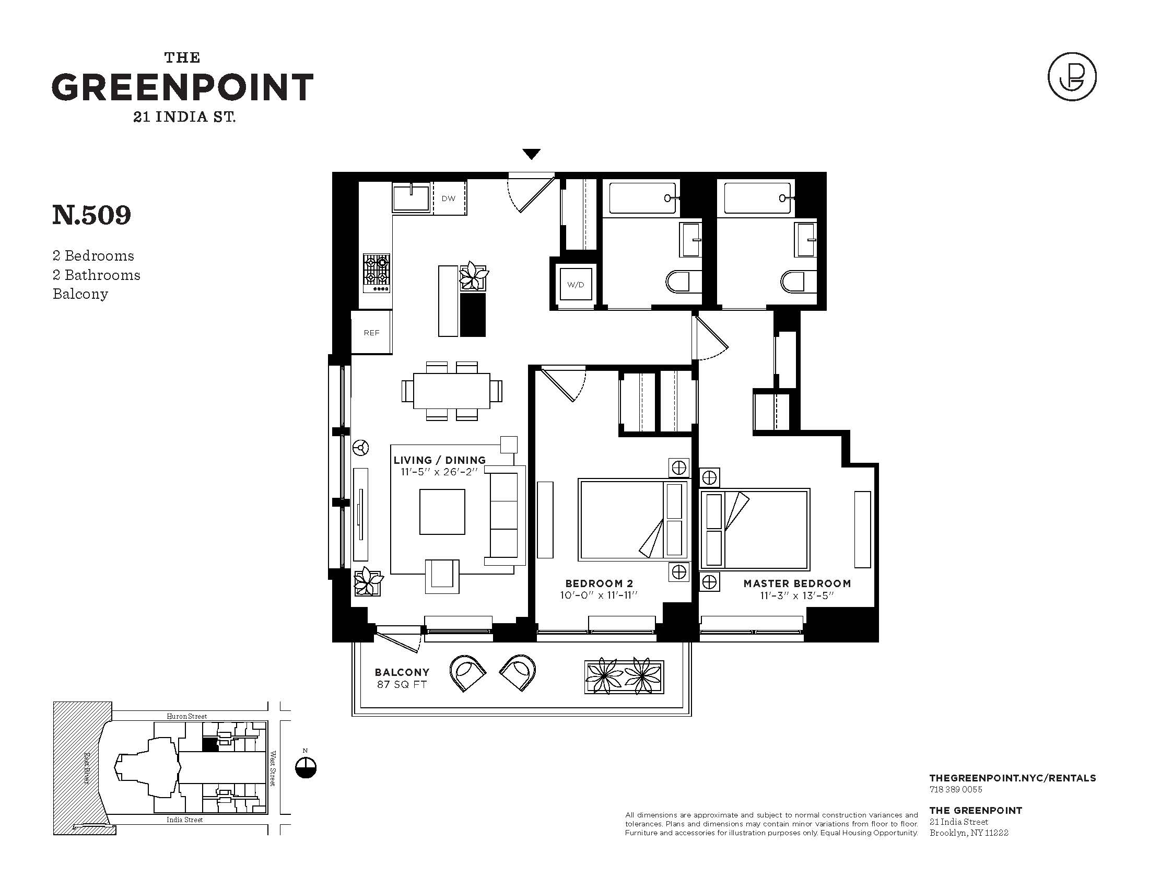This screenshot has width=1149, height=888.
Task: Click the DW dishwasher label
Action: pyautogui.click(x=448, y=198)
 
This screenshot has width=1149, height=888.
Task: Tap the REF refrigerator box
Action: pyautogui.click(x=371, y=332)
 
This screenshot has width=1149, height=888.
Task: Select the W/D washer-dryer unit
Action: pyautogui.click(x=576, y=285)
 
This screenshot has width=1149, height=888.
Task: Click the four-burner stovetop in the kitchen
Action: pyautogui.click(x=377, y=273)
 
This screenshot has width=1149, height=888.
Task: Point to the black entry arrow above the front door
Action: pyautogui.click(x=531, y=154)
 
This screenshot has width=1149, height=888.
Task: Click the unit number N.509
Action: pyautogui.click(x=91, y=215)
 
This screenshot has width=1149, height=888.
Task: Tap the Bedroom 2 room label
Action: pyautogui.click(x=599, y=583)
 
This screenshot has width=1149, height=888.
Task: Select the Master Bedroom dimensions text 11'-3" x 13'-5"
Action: pyautogui.click(x=797, y=595)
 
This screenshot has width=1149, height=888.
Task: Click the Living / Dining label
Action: pyautogui.click(x=440, y=460)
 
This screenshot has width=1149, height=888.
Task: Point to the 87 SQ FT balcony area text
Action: pyautogui.click(x=402, y=684)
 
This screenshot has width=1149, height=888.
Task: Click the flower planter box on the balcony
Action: pyautogui.click(x=625, y=676)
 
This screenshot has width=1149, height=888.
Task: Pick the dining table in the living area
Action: pyautogui.click(x=452, y=391)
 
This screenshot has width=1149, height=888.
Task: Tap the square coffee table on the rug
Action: pyautogui.click(x=442, y=512)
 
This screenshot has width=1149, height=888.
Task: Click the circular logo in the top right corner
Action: pyautogui.click(x=1072, y=77)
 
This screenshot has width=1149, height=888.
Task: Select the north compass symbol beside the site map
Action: pyautogui.click(x=306, y=767)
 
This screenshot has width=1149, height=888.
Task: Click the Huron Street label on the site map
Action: pyautogui.click(x=187, y=716)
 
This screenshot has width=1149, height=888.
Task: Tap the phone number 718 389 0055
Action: pyautogui.click(x=956, y=789)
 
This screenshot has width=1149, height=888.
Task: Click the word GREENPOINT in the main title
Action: pyautogui.click(x=183, y=87)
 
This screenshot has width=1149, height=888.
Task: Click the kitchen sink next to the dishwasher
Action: pyautogui.click(x=411, y=198)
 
